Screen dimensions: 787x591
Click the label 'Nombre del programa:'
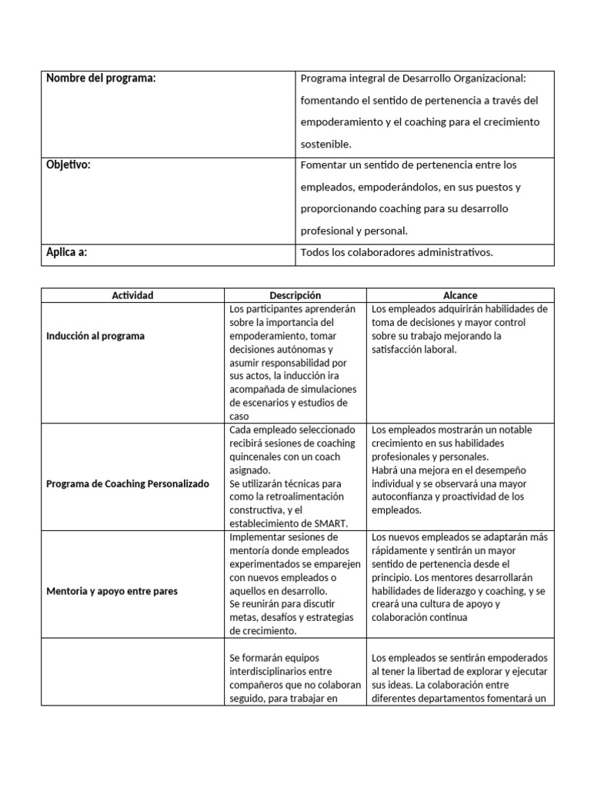click(101, 78)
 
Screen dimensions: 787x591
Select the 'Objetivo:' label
click(68, 164)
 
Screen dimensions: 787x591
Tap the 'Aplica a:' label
click(66, 251)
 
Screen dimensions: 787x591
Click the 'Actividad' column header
click(132, 295)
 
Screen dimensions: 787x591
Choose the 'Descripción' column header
click(295, 295)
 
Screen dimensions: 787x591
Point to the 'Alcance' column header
click(460, 295)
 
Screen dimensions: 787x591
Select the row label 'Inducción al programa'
click(95, 336)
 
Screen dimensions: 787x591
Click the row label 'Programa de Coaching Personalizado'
click(128, 484)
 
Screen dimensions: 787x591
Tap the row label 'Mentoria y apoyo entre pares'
click(112, 591)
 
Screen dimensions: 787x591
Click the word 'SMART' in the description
click(332, 523)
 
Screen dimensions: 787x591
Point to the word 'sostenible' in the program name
click(325, 144)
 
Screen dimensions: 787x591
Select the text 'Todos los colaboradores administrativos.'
click(396, 252)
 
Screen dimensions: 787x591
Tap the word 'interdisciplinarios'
click(271, 672)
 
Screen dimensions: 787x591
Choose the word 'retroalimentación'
click(296, 497)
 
